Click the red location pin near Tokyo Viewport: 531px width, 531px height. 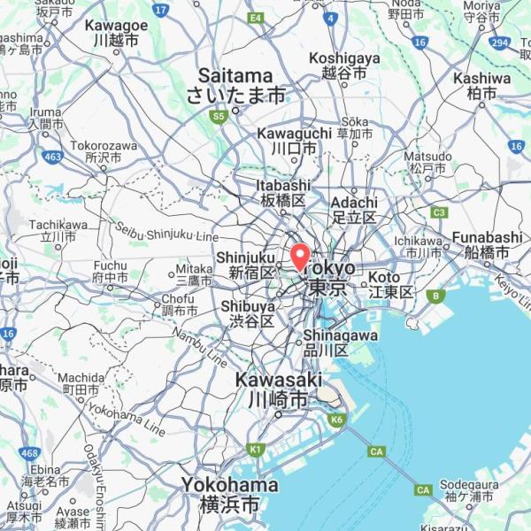tap(300, 256)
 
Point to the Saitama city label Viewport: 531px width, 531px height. tap(235, 85)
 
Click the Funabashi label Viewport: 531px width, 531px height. tap(487, 245)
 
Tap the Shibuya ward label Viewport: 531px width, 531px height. tap(248, 313)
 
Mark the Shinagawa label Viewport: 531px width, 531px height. tap(340, 342)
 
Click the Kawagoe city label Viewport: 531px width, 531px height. tap(116, 33)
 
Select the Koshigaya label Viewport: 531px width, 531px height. tap(343, 65)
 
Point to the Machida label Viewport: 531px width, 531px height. tap(81, 383)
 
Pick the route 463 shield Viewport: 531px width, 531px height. tap(52, 157)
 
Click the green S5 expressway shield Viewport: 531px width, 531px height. tap(219, 115)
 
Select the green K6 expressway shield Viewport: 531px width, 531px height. tap(335, 419)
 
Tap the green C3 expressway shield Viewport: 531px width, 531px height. tap(439, 212)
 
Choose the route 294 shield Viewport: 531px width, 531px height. tap(500, 42)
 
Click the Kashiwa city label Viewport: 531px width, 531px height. tap(481, 85)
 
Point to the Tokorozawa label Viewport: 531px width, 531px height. tap(104, 150)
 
